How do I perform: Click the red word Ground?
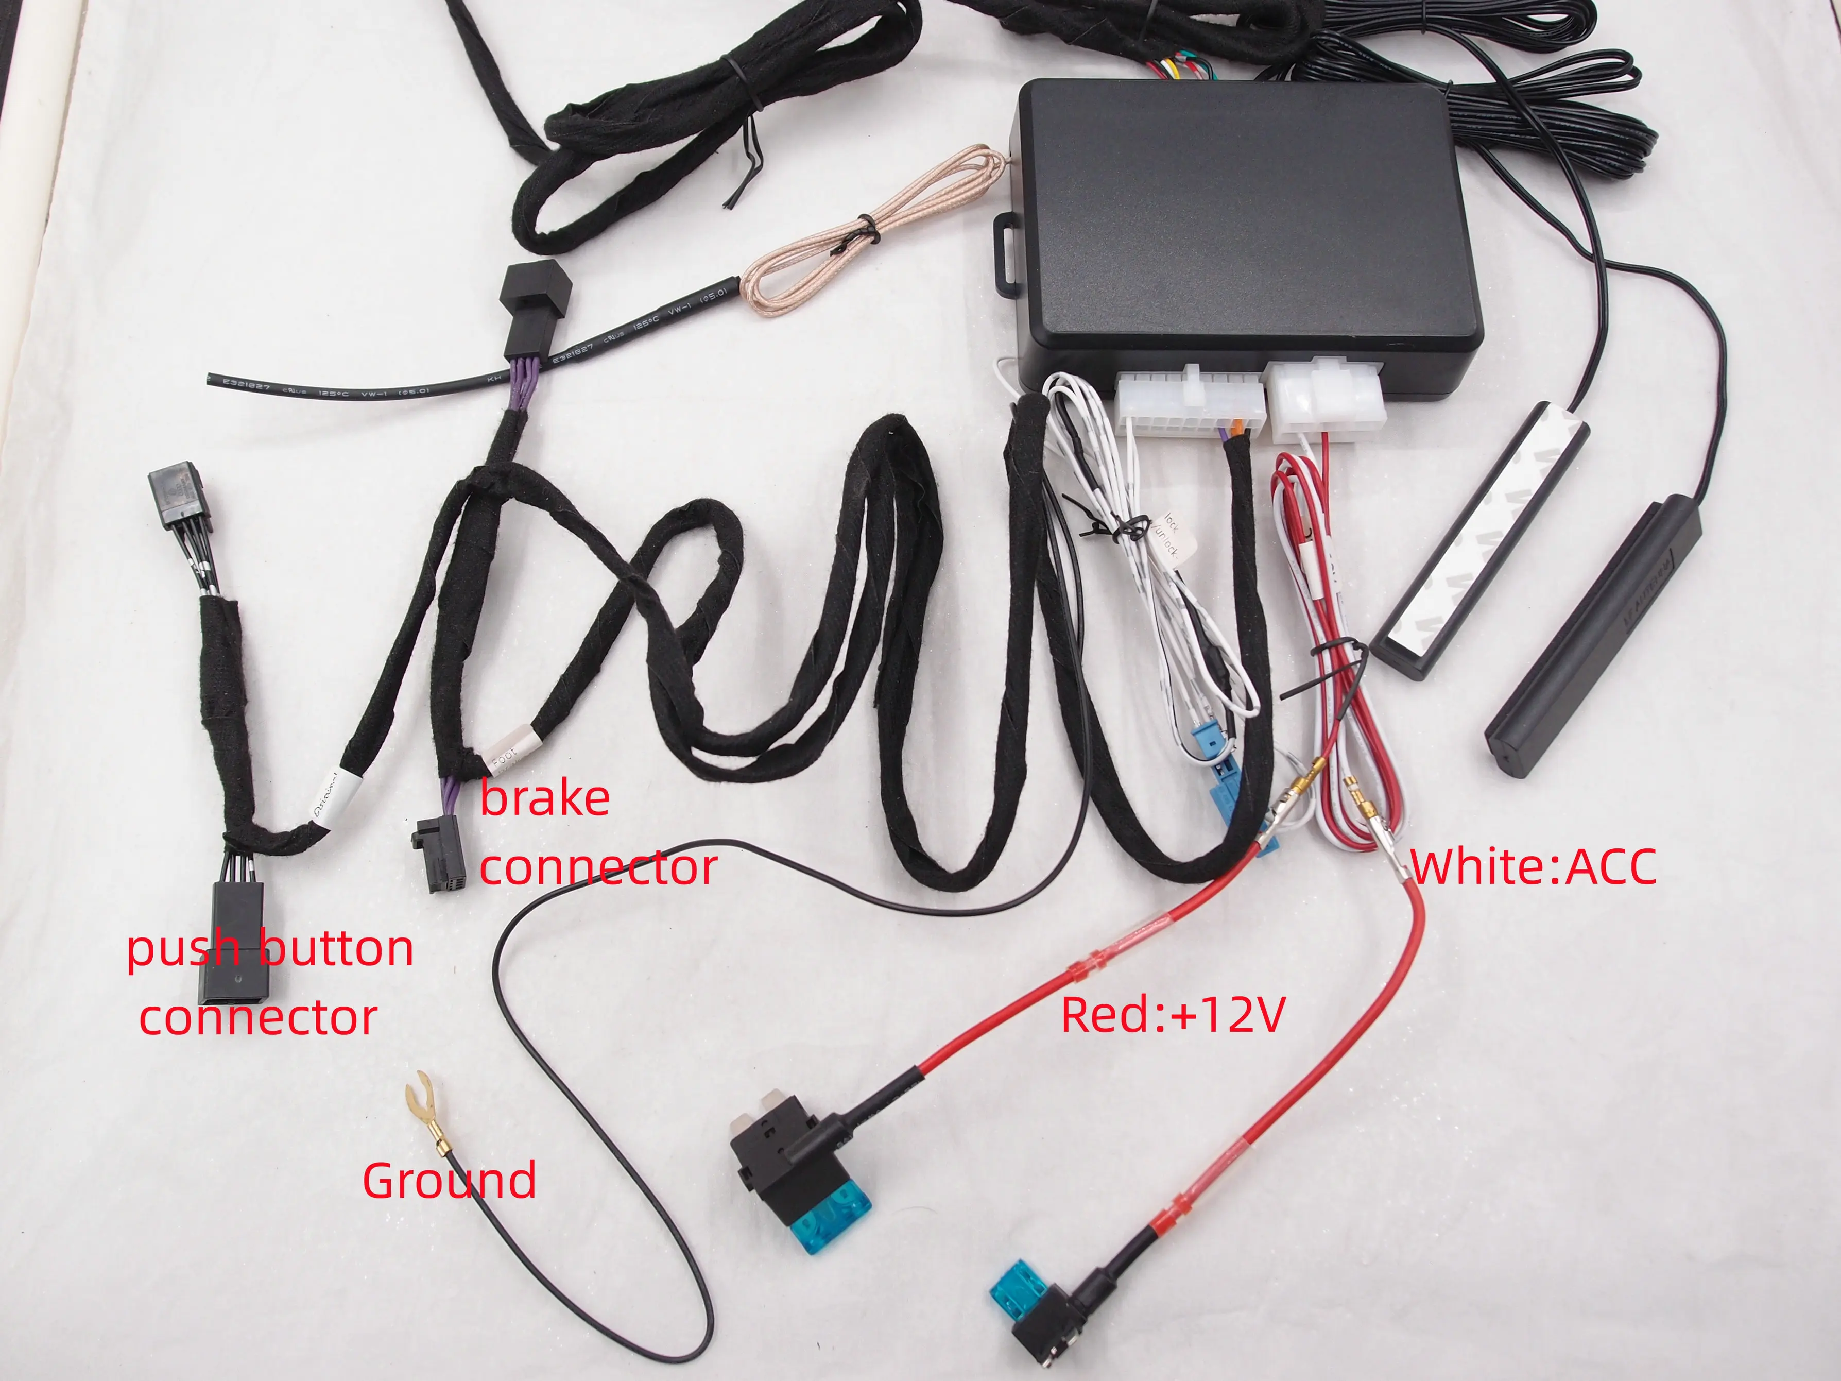coord(450,1181)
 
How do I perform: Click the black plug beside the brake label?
coord(437,853)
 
